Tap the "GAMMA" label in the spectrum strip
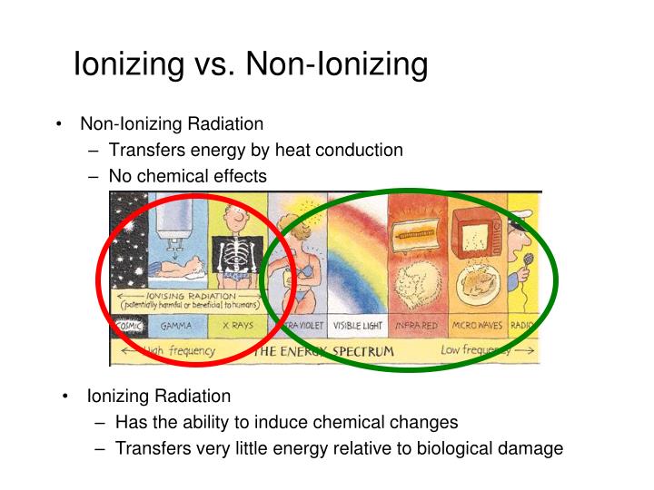(x=174, y=325)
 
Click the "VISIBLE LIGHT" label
(x=357, y=325)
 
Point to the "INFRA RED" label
(x=417, y=325)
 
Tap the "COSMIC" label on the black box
(x=127, y=325)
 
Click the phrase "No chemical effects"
(x=187, y=176)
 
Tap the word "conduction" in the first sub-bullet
(x=360, y=150)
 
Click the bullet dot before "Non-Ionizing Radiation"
(x=59, y=124)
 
